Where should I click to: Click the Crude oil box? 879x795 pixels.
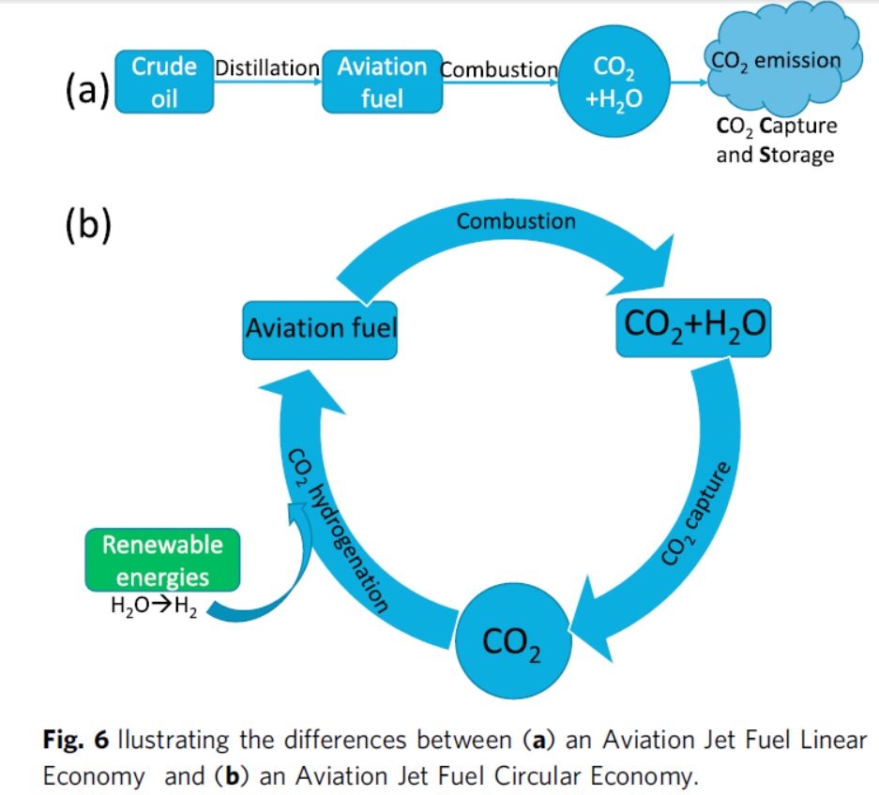point(164,82)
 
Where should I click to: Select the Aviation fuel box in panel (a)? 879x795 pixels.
point(382,82)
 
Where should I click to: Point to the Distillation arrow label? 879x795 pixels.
point(267,68)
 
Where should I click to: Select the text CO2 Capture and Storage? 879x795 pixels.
point(776,140)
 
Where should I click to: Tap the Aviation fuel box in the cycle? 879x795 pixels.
point(320,328)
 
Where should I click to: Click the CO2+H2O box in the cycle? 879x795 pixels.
point(693,327)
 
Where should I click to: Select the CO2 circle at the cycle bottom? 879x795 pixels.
point(511,640)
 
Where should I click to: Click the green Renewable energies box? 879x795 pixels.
point(162,560)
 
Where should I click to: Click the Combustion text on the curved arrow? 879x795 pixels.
point(516,221)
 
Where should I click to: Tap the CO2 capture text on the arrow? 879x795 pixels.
point(695,515)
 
